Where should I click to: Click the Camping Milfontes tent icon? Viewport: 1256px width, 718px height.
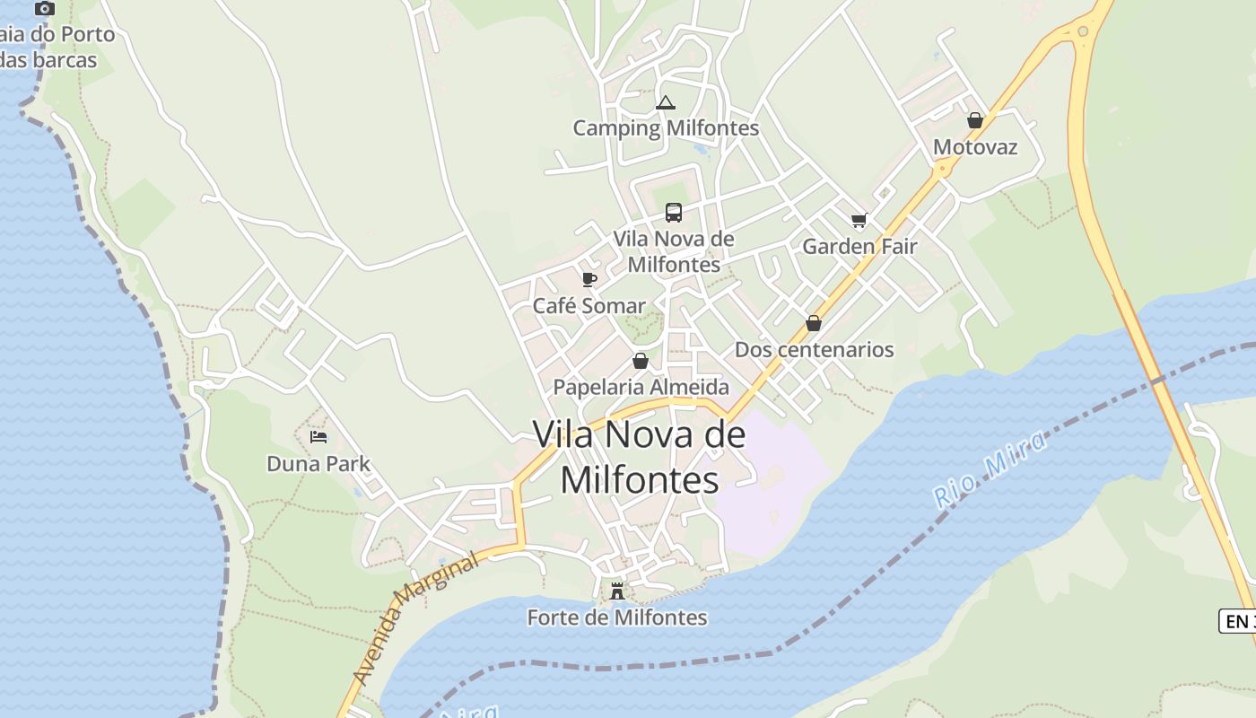665,102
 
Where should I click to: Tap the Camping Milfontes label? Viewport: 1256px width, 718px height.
666,128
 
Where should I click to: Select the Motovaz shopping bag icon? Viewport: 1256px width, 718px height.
975,120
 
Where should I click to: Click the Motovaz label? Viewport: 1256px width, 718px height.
975,146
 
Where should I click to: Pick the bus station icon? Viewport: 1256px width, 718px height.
674,213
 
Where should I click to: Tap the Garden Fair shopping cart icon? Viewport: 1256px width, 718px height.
859,220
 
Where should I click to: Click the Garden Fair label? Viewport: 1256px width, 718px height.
859,246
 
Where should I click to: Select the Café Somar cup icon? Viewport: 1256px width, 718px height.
589,280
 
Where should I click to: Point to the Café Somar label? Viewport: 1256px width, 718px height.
589,306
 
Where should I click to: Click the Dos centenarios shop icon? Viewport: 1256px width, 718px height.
814,323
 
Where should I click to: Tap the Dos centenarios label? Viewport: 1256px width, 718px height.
815,349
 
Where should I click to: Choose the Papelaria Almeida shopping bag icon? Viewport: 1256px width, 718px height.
641,361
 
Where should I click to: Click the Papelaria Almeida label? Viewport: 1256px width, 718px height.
641,387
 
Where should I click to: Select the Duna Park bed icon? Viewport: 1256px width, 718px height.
318,438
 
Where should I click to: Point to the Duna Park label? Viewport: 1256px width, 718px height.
318,464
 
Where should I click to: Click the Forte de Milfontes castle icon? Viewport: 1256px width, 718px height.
617,591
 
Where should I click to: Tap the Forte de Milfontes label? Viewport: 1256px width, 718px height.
617,617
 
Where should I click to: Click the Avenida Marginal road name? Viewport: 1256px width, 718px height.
415,618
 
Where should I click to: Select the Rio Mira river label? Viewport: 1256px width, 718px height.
990,469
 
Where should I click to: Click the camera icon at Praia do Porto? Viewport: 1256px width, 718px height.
44,9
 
